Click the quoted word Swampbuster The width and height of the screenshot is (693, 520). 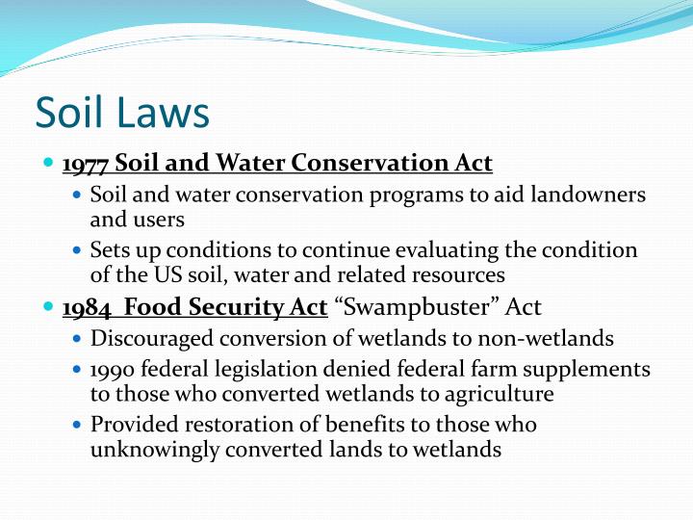point(394,308)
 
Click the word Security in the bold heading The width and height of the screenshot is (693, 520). point(218,308)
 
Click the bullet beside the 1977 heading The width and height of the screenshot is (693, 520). point(50,164)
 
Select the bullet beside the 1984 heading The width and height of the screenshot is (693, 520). point(50,308)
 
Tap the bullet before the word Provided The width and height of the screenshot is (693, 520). point(78,425)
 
